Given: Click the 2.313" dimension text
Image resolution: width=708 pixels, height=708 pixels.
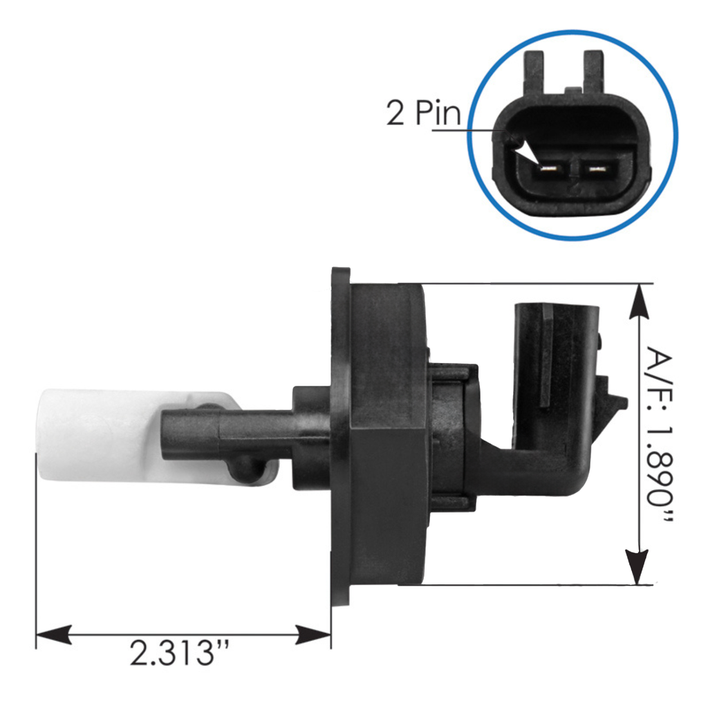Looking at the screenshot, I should (x=182, y=653).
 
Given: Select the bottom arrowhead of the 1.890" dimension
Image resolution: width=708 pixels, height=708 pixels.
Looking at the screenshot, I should (x=637, y=567).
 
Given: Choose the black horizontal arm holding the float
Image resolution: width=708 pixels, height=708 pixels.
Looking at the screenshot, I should (x=228, y=432).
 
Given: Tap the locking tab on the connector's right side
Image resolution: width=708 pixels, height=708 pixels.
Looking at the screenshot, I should (x=612, y=398).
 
